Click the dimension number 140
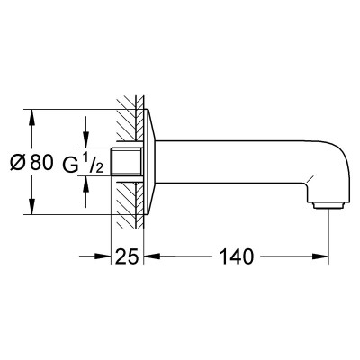[237, 256]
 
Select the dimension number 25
[127, 256]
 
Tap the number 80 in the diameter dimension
[41, 163]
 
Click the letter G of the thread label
[70, 165]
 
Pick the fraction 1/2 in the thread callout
[93, 164]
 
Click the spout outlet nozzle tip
[328, 205]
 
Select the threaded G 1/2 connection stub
[126, 162]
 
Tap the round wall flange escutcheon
[148, 162]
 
